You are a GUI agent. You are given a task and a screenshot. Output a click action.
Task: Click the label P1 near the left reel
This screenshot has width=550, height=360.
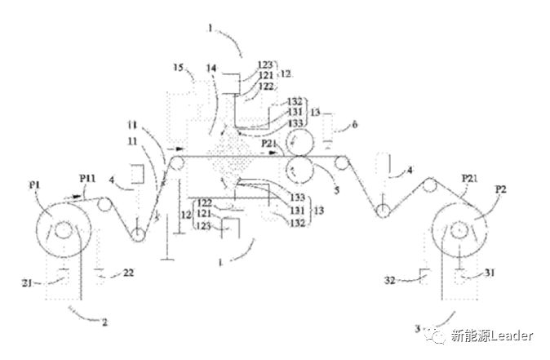pyautogui.click(x=37, y=185)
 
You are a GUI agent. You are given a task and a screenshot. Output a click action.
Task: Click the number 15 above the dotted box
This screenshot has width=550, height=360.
pyautogui.click(x=178, y=67)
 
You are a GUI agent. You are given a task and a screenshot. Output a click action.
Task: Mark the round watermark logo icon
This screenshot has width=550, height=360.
pyautogui.click(x=441, y=336)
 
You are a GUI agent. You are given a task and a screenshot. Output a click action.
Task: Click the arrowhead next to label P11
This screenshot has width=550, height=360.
pyautogui.click(x=79, y=193)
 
